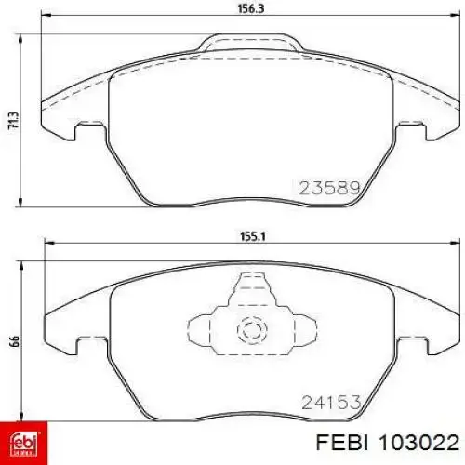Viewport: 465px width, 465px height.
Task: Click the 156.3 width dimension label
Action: [x=251, y=9]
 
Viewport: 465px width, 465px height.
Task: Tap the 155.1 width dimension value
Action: [x=253, y=237]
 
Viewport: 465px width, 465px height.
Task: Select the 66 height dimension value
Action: [x=15, y=341]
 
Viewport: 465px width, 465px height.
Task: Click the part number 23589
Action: [x=330, y=188]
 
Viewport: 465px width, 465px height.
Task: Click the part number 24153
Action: [x=331, y=402]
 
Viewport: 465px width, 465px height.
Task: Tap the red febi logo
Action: [x=24, y=443]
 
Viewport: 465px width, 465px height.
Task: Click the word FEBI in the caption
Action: [x=342, y=442]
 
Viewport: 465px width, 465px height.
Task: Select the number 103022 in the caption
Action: [x=418, y=442]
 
